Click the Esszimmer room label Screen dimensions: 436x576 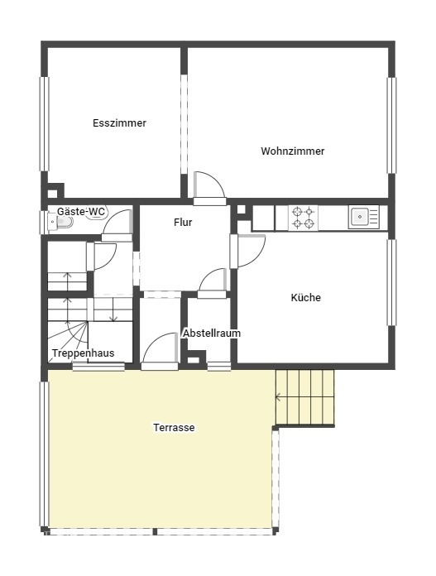pos(119,123)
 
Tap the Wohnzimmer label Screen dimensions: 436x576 pos(293,151)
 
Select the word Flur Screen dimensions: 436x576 pos(183,223)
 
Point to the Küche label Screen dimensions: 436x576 pos(305,297)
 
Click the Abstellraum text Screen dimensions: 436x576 pos(212,334)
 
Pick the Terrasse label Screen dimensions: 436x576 pos(174,428)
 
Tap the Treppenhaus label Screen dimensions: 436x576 pos(83,353)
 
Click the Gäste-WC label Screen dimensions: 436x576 pos(81,212)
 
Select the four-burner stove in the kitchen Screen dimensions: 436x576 pos(303,218)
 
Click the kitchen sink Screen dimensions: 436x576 pos(363,217)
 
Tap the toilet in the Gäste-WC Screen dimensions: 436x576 pos(61,222)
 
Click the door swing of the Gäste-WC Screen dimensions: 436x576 pos(117,222)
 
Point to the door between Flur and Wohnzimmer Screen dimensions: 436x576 pos(209,187)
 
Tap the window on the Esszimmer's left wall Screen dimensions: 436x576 pos(45,124)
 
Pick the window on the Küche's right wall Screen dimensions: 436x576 pos(392,282)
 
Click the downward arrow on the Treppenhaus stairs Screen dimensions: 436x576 pos(113,310)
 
